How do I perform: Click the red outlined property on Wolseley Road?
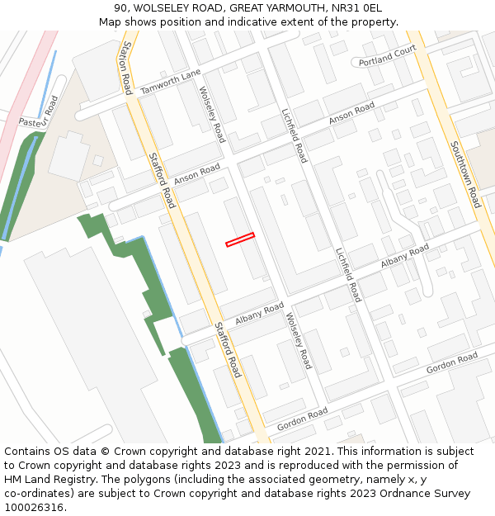(240, 239)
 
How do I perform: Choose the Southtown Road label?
(464, 174)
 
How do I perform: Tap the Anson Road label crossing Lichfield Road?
(351, 113)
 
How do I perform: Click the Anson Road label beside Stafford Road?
(197, 174)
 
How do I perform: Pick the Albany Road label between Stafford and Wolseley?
(259, 314)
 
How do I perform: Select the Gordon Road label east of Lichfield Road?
(452, 362)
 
